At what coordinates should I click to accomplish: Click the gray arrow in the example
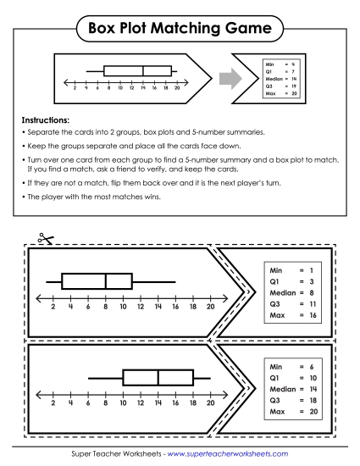coord(223,79)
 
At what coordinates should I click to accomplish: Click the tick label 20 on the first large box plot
coord(211,308)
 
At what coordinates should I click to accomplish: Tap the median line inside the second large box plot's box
coord(158,377)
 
